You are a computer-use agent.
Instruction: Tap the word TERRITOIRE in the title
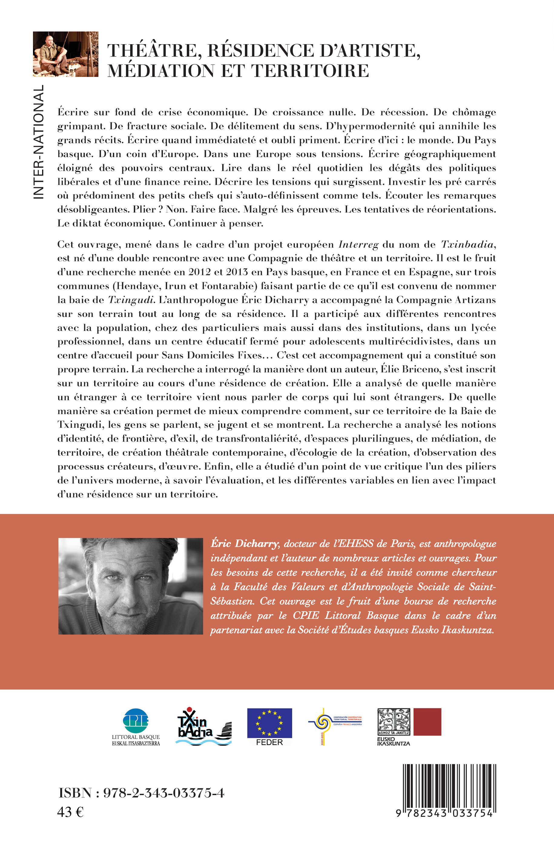310,71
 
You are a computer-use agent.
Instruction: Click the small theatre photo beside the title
65,54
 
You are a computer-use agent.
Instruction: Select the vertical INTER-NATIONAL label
38,142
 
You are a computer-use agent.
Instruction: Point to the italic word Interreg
358,245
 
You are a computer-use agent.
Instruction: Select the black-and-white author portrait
130,586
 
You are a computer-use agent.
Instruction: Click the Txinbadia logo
204,726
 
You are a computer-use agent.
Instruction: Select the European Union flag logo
269,723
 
